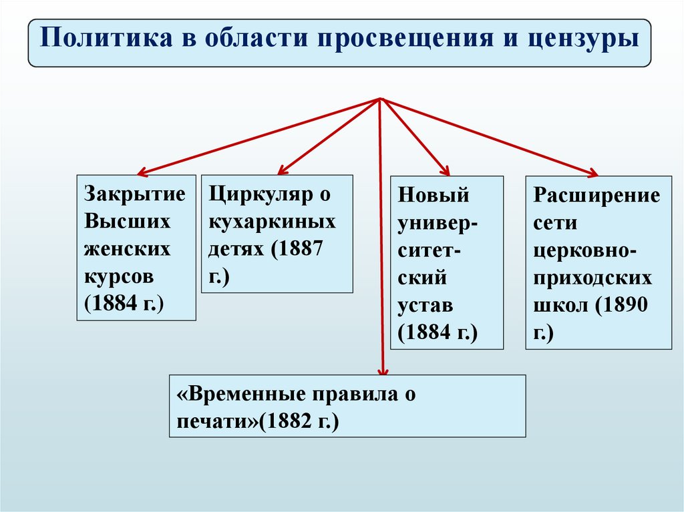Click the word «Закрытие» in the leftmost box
coord(134,194)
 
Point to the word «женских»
coord(127,249)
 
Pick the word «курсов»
coord(120,276)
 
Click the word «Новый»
coord(434,196)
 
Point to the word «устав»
coord(426,305)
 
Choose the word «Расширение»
coord(597,196)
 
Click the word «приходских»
coord(592,278)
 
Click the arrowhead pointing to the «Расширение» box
coord(592,174)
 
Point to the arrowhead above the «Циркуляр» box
coord(281,172)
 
